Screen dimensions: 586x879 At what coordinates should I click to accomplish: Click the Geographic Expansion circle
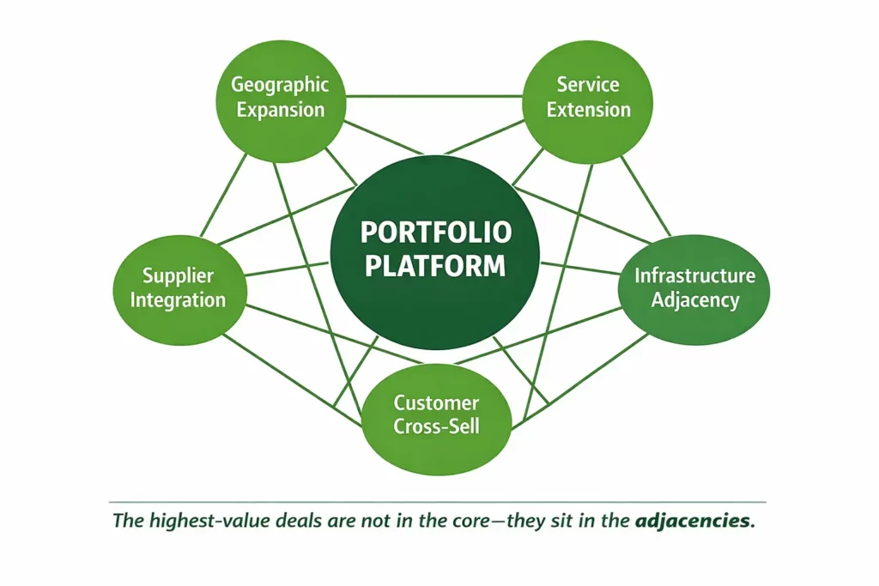pyautogui.click(x=279, y=97)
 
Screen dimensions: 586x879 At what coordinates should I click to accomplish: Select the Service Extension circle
pyautogui.click(x=588, y=96)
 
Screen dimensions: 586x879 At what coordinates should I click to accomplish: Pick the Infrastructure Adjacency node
pyautogui.click(x=694, y=287)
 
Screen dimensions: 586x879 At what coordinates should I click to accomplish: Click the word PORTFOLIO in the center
pyautogui.click(x=435, y=233)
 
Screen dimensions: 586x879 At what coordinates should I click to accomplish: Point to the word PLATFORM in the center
pyautogui.click(x=435, y=265)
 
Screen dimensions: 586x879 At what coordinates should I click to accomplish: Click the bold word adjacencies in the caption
pyautogui.click(x=694, y=521)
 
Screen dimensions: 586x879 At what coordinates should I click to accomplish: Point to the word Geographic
pyautogui.click(x=280, y=85)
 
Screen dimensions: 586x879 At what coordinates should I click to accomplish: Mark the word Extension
pyautogui.click(x=589, y=109)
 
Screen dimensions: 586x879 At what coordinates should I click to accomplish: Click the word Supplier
pyautogui.click(x=178, y=276)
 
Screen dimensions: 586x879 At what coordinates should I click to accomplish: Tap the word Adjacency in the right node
pyautogui.click(x=694, y=299)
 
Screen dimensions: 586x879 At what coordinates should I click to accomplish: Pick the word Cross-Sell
pyautogui.click(x=436, y=426)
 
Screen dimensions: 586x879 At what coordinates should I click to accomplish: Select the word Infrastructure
pyautogui.click(x=694, y=275)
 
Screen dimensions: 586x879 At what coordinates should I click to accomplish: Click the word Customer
pyautogui.click(x=436, y=402)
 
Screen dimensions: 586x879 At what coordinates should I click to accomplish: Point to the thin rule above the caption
pyautogui.click(x=438, y=501)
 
